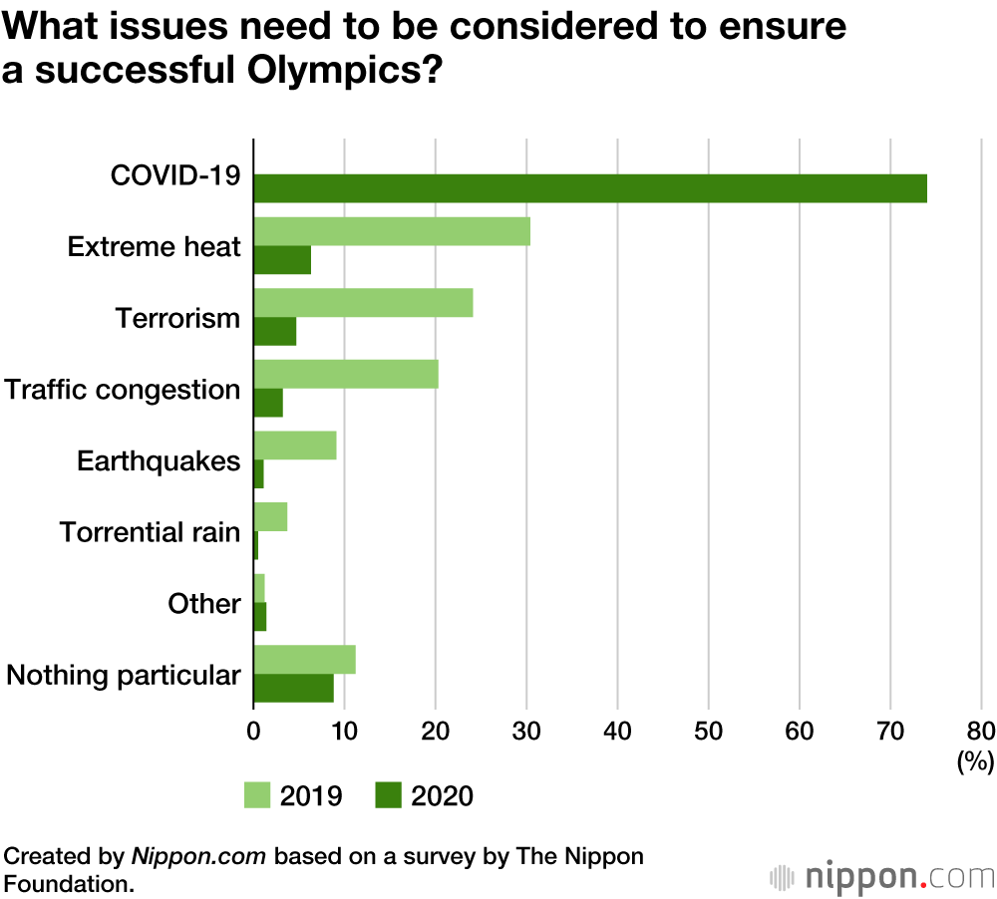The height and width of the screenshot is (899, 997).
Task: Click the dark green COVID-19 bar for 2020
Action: click(590, 188)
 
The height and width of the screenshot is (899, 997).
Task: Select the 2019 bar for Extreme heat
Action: click(392, 231)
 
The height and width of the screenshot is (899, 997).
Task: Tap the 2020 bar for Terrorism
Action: click(275, 331)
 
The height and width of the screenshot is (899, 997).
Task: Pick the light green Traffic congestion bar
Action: click(346, 374)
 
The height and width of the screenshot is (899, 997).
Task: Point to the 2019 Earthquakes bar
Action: click(295, 446)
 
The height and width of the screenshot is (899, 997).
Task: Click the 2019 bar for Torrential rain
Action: click(270, 516)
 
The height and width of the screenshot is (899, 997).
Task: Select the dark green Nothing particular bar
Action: click(294, 688)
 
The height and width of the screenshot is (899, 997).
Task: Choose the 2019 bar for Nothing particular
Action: click(304, 660)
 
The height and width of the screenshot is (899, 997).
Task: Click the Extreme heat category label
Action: click(155, 246)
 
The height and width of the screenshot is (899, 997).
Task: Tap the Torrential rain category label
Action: click(151, 531)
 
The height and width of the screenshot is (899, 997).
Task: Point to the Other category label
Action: click(204, 603)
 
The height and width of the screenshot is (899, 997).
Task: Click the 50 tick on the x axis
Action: click(709, 730)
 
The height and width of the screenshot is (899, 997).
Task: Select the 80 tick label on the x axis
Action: click(981, 730)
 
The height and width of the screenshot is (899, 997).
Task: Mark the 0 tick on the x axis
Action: click(254, 730)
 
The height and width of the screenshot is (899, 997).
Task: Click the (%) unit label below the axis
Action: click(975, 763)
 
